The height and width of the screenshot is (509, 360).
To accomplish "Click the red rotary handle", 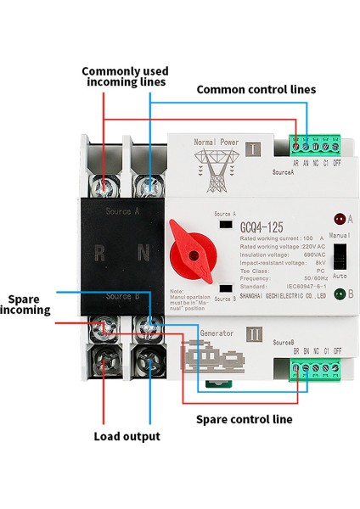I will click(194, 250).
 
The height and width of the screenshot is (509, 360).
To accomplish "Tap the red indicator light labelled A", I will click(339, 218).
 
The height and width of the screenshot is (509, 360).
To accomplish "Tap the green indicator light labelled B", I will click(339, 294).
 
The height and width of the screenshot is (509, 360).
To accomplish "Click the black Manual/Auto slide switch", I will click(338, 256).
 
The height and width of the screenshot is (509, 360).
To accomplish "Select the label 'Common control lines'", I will click(256, 89).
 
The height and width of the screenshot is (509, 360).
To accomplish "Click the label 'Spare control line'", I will click(245, 419).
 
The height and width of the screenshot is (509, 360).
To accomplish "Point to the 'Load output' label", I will click(127, 437).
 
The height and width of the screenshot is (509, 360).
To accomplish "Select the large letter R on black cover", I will click(100, 252).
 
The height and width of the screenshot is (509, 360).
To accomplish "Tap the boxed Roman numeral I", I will click(253, 152).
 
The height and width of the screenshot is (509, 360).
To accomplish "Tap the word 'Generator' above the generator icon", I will click(216, 333).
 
